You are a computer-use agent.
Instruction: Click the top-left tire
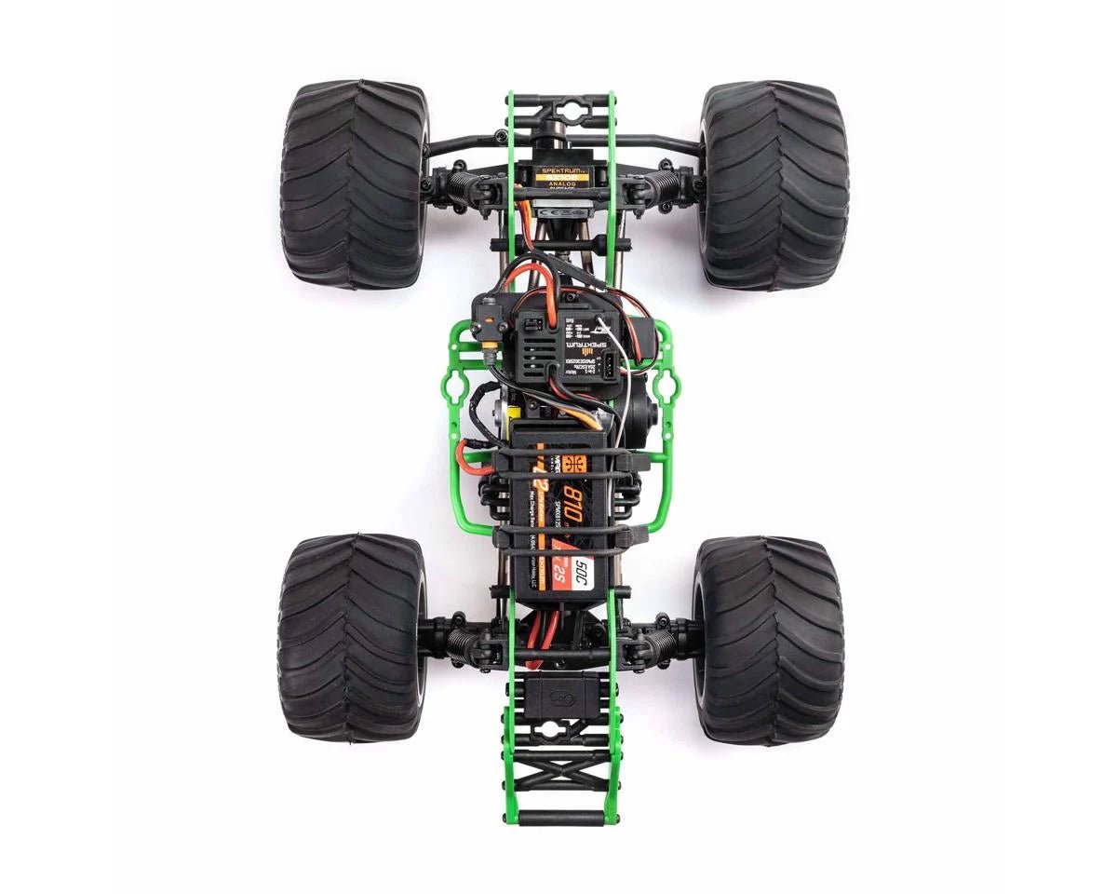tap(354, 183)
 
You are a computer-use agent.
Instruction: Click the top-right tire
tap(774, 183)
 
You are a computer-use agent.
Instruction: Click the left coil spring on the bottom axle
tap(463, 641)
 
